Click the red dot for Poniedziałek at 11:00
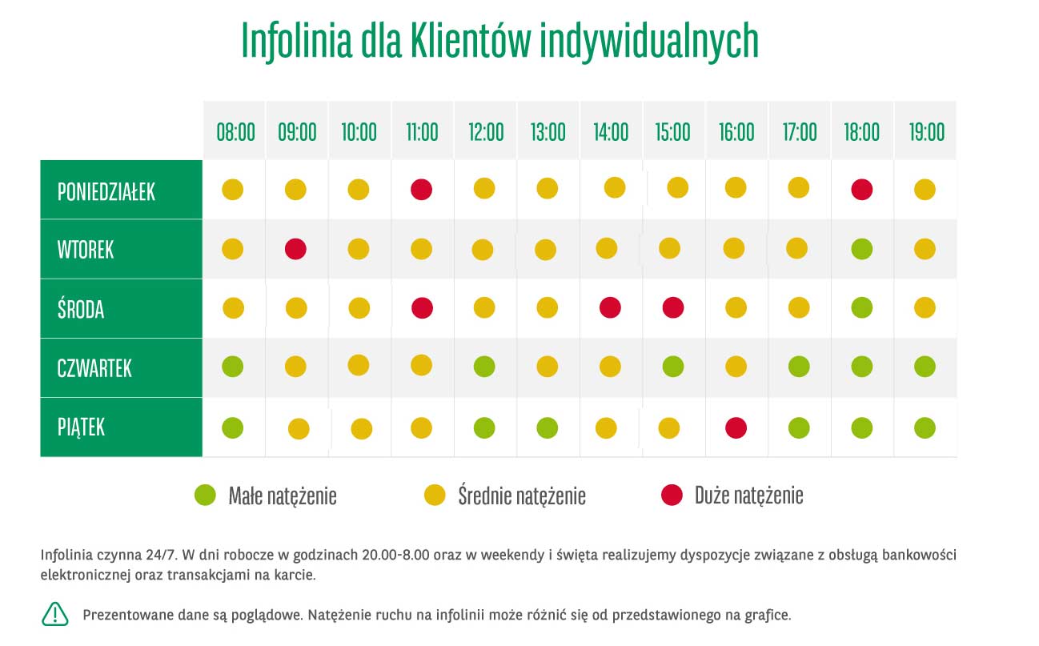pos(421,190)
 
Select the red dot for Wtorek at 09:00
pos(296,248)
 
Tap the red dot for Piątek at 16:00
pos(736,427)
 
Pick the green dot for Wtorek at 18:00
pos(861,248)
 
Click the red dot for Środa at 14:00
pos(610,307)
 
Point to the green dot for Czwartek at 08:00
pos(232,367)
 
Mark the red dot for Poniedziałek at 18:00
pos(861,190)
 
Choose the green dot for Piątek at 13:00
pos(548,427)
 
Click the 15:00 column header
pos(673,131)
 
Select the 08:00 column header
pos(235,131)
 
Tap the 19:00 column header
pos(926,131)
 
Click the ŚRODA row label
pos(81,309)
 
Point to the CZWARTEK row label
pos(94,368)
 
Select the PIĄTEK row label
pos(81,427)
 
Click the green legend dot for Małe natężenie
pos(206,496)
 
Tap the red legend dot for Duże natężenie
pos(672,496)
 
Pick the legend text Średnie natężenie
pos(522,496)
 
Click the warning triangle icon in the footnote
pos(55,614)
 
